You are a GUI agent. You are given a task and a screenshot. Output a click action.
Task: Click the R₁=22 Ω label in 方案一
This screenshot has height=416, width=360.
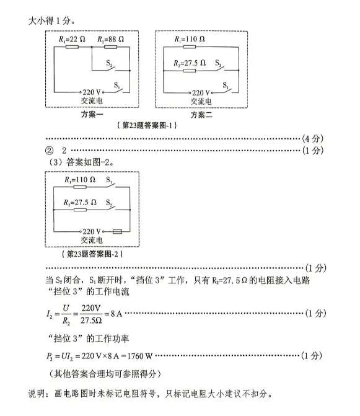coord(72,39)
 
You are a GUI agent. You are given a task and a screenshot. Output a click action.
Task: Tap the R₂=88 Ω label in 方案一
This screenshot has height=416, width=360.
coord(110,39)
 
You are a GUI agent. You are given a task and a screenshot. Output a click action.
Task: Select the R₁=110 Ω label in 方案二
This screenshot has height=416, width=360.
coord(190,39)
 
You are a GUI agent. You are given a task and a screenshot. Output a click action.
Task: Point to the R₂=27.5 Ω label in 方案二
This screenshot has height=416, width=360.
coord(190,63)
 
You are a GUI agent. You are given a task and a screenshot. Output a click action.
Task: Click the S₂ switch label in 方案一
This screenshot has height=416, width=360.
coord(109,63)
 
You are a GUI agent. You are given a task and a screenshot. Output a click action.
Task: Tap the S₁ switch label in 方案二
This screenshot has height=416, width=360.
coord(226,86)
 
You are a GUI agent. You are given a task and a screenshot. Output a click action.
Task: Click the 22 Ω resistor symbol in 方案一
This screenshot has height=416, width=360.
coord(72,47)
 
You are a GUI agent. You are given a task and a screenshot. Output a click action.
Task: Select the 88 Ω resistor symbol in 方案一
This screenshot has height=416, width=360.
coord(110,47)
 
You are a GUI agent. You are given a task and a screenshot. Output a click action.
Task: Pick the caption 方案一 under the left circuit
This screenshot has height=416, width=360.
coord(92,114)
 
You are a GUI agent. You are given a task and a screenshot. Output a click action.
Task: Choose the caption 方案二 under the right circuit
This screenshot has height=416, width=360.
coord(201,115)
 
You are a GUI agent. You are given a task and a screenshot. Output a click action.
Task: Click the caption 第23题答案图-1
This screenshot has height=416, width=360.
coord(147,125)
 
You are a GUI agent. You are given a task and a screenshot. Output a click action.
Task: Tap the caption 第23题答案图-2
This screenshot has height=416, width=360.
coord(92,254)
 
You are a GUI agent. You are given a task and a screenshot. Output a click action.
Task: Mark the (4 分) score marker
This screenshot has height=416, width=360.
coord(313,138)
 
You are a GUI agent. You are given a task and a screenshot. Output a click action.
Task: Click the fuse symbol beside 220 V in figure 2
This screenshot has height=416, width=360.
coord(118,232)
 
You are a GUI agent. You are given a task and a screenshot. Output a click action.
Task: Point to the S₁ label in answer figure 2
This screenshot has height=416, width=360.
coord(109,180)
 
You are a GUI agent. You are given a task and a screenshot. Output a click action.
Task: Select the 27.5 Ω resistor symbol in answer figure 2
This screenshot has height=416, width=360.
coord(80,210)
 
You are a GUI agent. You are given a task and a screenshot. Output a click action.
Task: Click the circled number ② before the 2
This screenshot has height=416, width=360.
coord(50,151)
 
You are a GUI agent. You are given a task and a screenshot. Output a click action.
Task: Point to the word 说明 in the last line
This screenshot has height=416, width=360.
coord(37,394)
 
